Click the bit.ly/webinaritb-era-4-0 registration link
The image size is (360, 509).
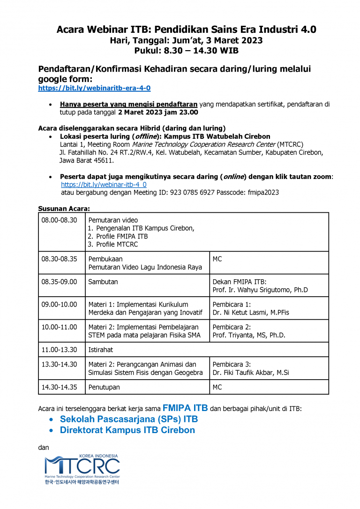pos(94,88)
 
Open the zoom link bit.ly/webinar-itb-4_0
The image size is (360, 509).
pos(104,185)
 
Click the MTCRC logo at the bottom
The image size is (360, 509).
pos(82,469)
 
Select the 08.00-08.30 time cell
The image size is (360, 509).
pos(59,220)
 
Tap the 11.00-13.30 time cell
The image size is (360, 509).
pos(59,350)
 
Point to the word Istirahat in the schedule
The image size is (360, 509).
pos(101,350)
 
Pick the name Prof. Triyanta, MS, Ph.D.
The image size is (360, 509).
pos(249,335)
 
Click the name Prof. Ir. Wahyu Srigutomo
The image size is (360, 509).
pos(260,290)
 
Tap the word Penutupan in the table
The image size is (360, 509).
pos(104,387)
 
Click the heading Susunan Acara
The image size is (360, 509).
pos(64,208)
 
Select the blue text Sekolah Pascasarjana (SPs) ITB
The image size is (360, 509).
pos(129,419)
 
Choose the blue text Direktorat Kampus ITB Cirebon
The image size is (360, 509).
pos(127,430)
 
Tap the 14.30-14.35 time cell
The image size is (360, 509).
pos(59,387)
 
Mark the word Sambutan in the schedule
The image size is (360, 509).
pos(103,282)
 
